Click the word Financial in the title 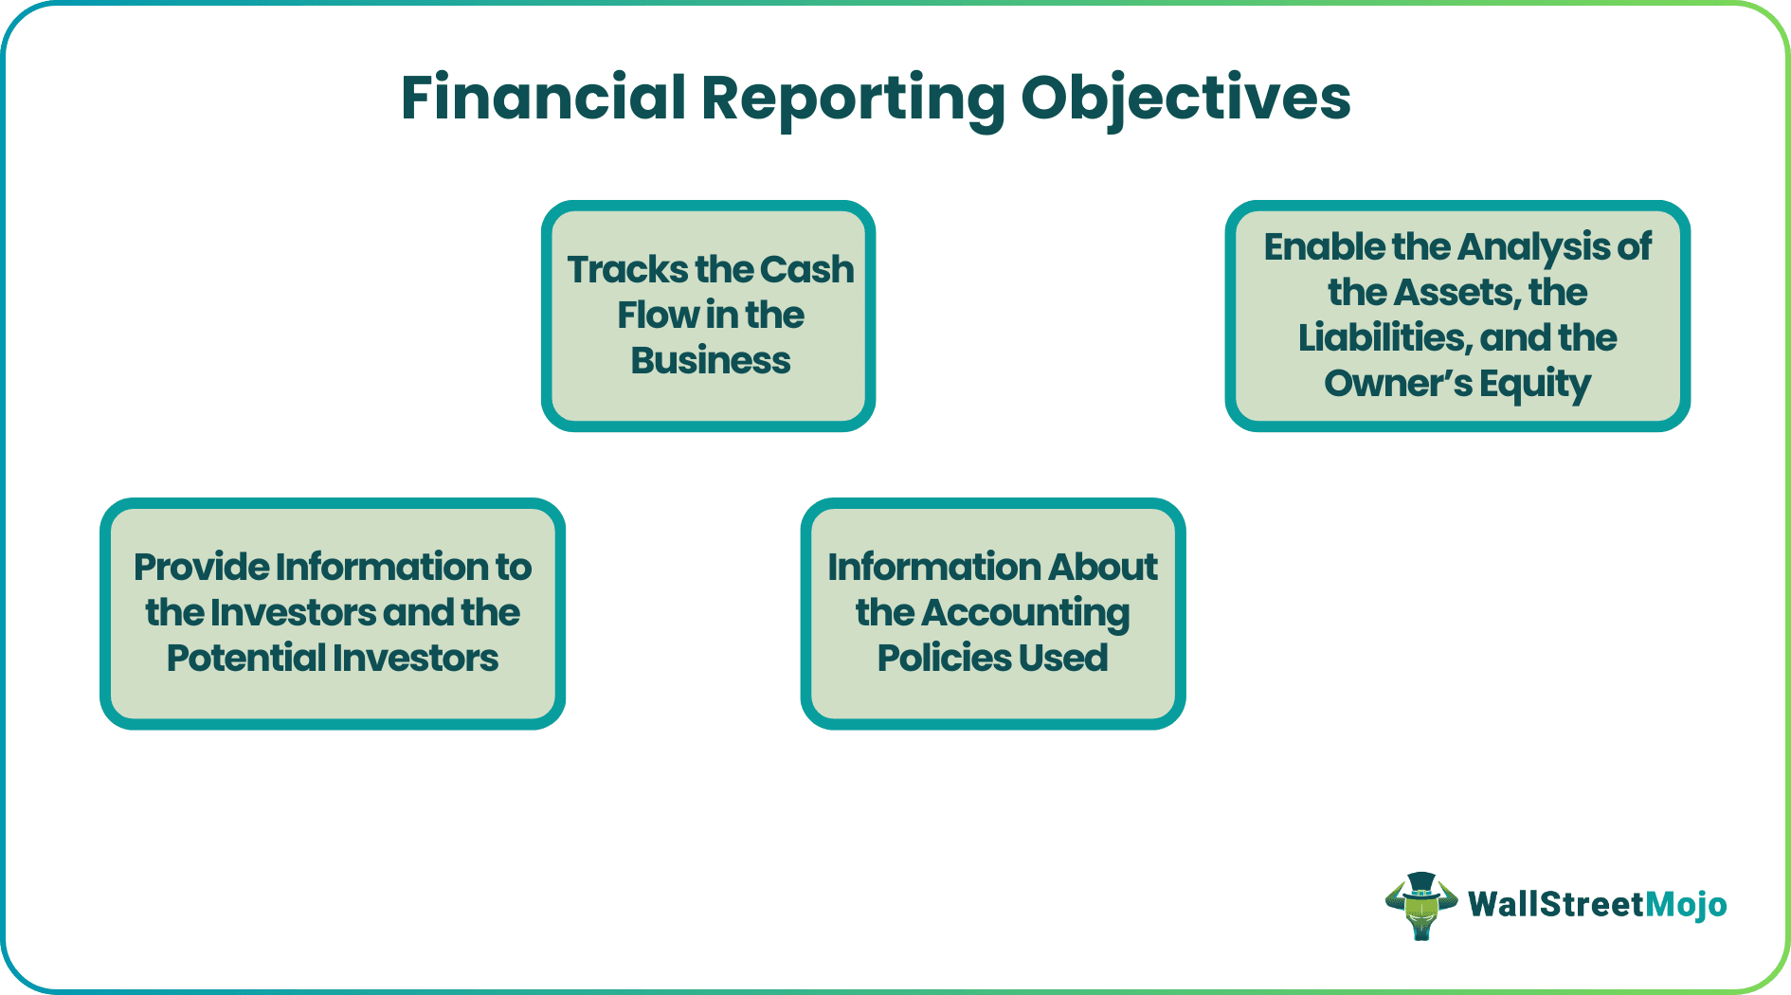click(x=543, y=98)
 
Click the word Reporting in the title click(x=852, y=99)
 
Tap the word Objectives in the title click(x=1185, y=99)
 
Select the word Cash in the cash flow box click(x=806, y=270)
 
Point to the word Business click(x=710, y=361)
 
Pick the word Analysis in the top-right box click(x=1533, y=247)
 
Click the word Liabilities click(x=1382, y=338)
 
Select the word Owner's click(x=1398, y=384)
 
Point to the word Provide click(x=201, y=568)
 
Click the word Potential click(x=245, y=659)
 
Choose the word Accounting click(x=1024, y=614)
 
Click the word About click(x=1103, y=568)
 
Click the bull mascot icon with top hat click(x=1420, y=906)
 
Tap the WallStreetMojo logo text click(x=1597, y=905)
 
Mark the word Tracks click(x=626, y=270)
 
